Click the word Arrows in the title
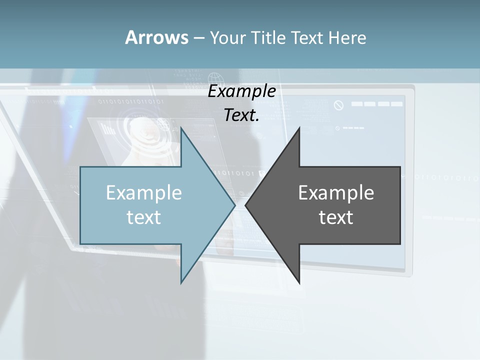[x=156, y=37]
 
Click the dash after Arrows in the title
[x=198, y=38]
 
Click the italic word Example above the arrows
[x=242, y=92]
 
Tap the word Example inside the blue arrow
[x=144, y=193]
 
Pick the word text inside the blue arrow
[x=144, y=217]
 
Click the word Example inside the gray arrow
[x=336, y=193]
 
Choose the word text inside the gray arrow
[x=336, y=217]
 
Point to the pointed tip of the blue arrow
[x=235, y=205]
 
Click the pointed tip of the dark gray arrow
[x=246, y=205]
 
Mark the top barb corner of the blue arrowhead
[x=181, y=128]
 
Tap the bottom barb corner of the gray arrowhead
[x=299, y=282]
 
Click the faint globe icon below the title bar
[x=215, y=79]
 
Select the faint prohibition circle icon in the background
[x=339, y=105]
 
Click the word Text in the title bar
[x=308, y=38]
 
